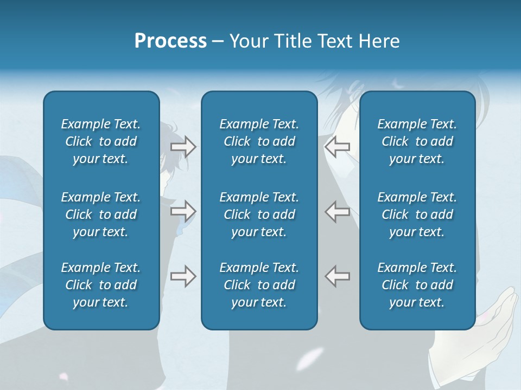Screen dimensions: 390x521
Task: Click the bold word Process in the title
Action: tap(170, 41)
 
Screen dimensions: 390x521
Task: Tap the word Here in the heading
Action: tap(379, 41)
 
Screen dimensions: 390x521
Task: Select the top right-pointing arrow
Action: tap(183, 146)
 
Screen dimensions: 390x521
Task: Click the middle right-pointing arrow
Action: tap(183, 211)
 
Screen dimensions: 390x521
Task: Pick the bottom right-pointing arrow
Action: tap(183, 276)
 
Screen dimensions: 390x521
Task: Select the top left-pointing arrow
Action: tap(338, 146)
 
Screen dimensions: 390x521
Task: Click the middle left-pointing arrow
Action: tap(338, 211)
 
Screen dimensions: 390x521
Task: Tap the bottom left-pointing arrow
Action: tap(338, 276)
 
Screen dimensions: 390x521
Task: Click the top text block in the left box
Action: tap(101, 141)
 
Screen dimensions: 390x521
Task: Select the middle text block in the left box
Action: tap(101, 214)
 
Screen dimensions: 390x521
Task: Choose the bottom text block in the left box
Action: tap(101, 285)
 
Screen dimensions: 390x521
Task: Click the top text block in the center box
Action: tap(259, 141)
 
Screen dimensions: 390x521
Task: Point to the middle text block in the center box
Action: tap(259, 214)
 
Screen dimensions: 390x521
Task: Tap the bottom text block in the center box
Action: tap(259, 285)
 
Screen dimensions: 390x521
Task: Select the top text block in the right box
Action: tap(417, 141)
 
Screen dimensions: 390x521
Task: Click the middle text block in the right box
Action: tap(417, 214)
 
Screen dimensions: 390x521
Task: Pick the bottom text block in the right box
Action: tap(417, 285)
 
